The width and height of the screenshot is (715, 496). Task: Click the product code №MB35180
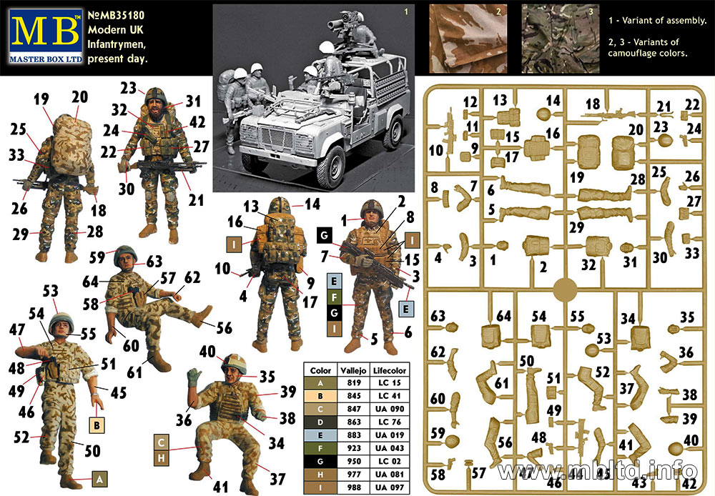tap(116, 16)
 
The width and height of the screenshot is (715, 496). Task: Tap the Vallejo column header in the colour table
tap(353, 371)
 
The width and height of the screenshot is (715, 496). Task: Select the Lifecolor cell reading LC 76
tap(390, 422)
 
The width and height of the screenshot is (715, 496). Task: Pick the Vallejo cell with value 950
tap(353, 462)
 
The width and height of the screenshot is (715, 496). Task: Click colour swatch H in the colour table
tap(320, 475)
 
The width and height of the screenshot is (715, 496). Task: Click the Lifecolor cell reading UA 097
tap(390, 487)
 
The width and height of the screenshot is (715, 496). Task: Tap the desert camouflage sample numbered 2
tap(468, 39)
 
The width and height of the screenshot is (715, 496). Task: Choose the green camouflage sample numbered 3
tap(561, 39)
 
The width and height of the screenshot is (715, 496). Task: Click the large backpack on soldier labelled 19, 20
tap(72, 144)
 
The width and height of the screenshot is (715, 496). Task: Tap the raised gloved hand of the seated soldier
tap(194, 377)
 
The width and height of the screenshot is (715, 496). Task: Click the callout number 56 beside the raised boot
tap(224, 328)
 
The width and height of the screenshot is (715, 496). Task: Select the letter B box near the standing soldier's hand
tap(97, 425)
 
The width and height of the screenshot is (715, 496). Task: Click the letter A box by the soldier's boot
tap(100, 479)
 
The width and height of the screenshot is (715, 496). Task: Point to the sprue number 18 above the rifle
tap(593, 104)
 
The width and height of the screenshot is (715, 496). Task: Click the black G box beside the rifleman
tap(325, 236)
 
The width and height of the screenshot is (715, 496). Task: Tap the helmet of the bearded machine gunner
tap(155, 96)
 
